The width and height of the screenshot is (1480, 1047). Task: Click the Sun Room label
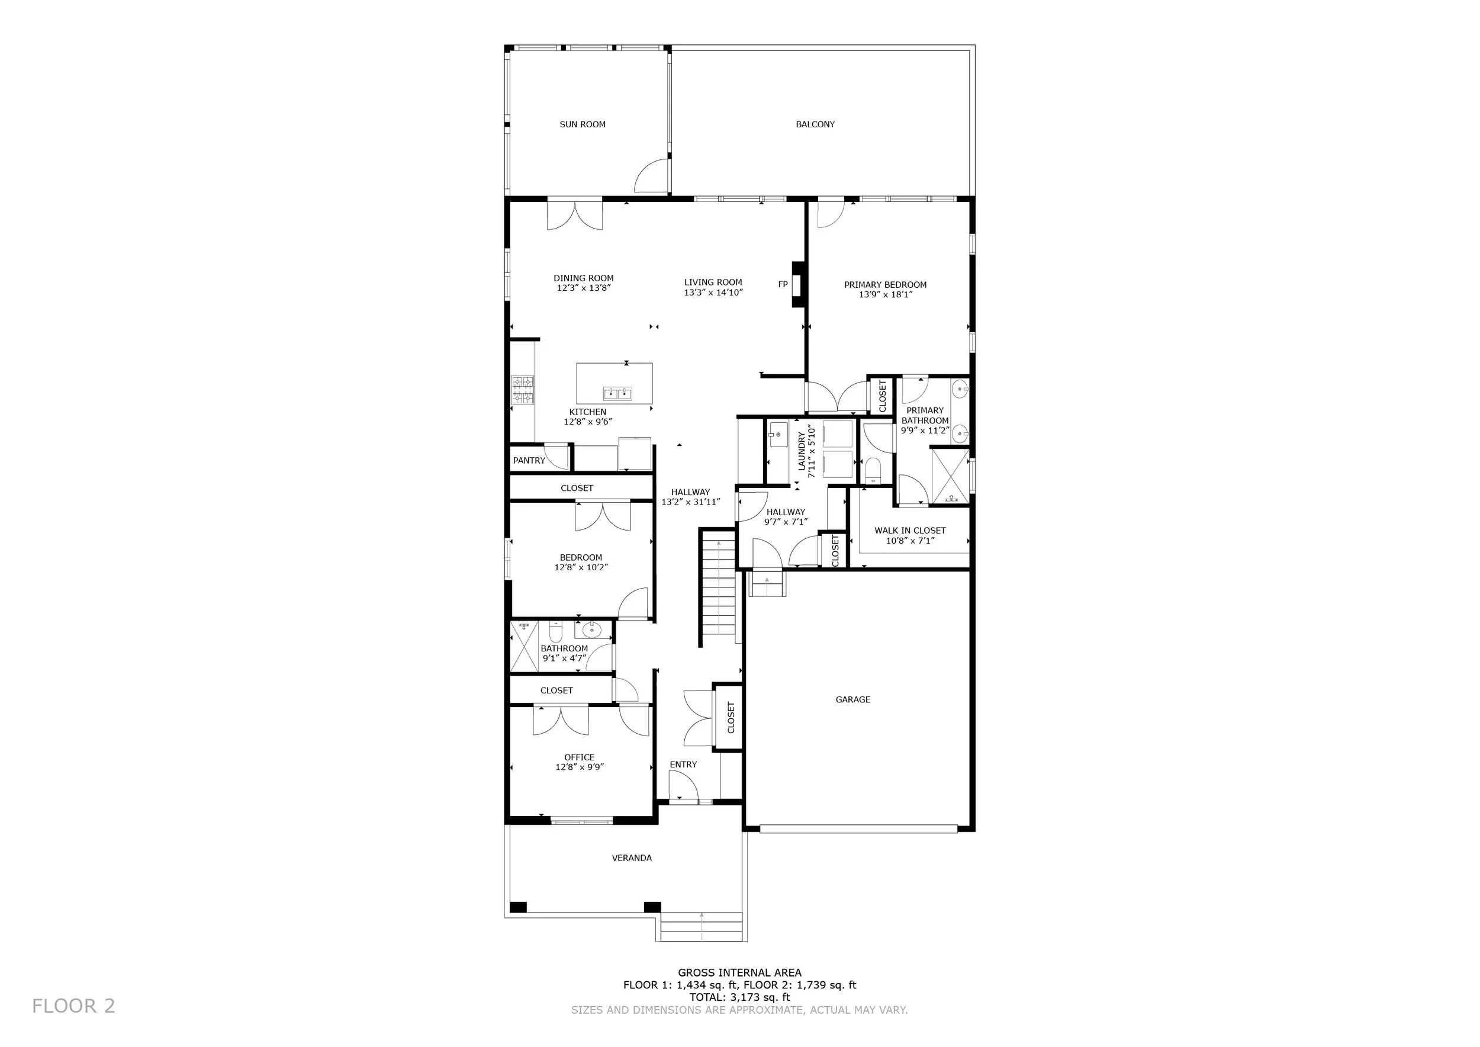click(x=582, y=124)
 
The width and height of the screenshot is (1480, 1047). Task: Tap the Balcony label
click(x=815, y=124)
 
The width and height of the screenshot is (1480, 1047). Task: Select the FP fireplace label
click(x=783, y=284)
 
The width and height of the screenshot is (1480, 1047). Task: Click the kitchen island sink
click(x=617, y=393)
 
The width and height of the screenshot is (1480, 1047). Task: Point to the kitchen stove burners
click(x=523, y=390)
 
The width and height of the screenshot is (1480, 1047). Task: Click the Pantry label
click(x=529, y=460)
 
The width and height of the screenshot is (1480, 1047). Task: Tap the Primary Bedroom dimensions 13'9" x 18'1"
click(x=885, y=295)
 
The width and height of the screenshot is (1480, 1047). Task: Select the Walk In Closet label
click(x=909, y=531)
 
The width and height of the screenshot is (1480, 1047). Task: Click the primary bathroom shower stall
click(x=950, y=476)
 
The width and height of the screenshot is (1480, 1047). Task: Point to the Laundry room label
click(x=802, y=451)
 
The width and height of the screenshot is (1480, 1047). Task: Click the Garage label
click(x=853, y=699)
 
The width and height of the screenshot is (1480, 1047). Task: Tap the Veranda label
click(x=631, y=858)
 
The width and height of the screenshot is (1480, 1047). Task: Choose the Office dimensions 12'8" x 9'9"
click(x=580, y=767)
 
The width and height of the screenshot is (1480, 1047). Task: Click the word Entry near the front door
click(x=683, y=765)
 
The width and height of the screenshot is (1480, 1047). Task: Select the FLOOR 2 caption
click(x=73, y=1006)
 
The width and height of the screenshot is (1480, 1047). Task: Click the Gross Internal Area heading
click(x=739, y=973)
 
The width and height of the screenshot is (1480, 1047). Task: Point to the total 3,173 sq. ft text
click(x=739, y=997)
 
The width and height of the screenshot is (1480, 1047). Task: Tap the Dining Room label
click(x=583, y=278)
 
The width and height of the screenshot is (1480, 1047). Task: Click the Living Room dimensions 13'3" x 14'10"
click(x=713, y=292)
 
